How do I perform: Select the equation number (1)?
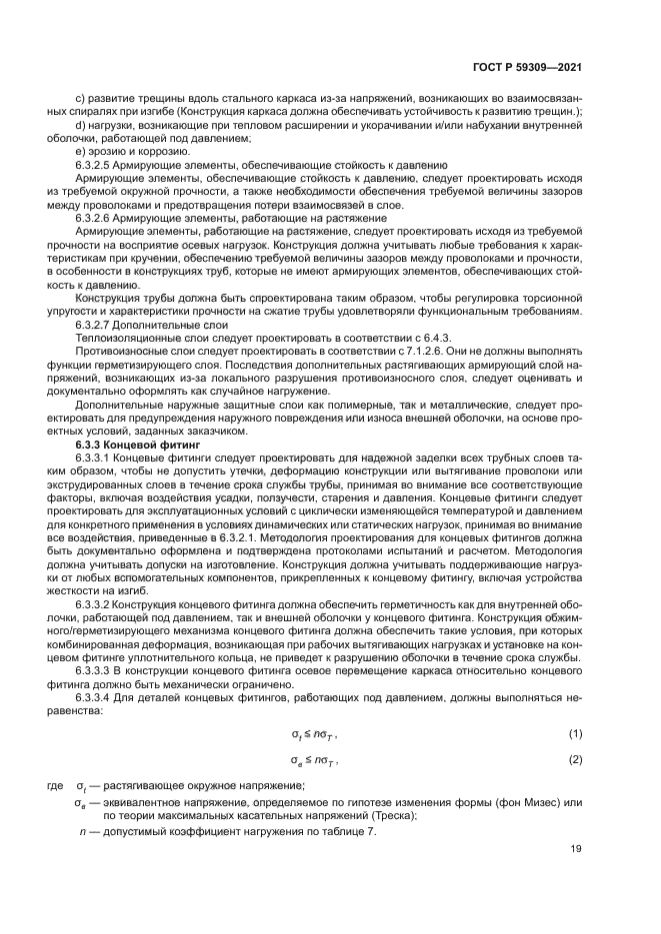click(576, 733)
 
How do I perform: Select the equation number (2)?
click(576, 760)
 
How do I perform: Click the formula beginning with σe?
click(315, 760)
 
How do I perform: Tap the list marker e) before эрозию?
click(81, 150)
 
